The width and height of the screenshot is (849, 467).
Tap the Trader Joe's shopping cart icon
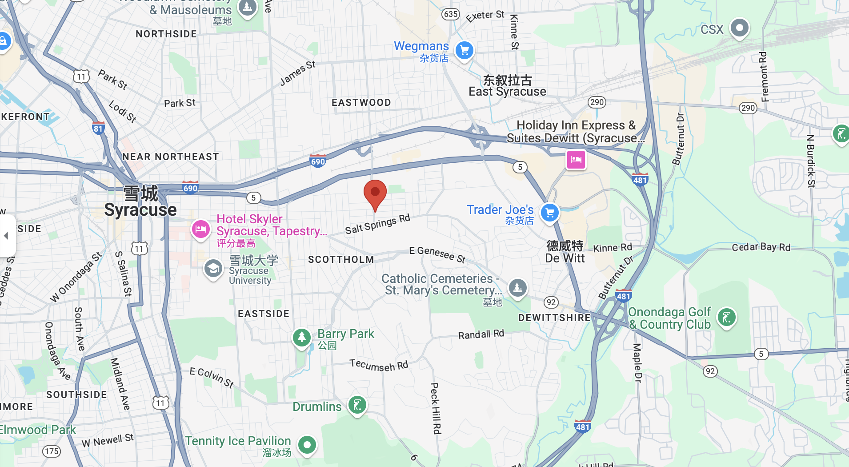549,213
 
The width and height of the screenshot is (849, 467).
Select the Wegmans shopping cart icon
465,50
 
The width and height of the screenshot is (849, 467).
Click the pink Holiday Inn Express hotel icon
576,159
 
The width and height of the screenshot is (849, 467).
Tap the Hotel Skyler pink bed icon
200,229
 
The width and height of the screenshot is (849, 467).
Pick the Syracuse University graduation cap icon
213,269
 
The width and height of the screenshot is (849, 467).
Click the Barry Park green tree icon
301,337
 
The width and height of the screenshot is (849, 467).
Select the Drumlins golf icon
357,405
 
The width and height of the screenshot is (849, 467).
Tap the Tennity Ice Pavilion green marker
307,444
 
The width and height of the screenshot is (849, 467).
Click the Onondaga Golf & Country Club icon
727,318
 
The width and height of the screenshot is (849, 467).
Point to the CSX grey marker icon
739,28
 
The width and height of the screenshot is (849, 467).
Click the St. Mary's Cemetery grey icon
517,288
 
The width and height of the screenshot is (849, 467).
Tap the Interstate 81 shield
98,128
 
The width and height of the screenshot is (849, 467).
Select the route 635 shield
450,14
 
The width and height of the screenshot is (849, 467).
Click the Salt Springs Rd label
377,224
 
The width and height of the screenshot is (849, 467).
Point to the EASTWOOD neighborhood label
361,103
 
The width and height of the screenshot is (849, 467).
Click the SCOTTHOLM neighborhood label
341,260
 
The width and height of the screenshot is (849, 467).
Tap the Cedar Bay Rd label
761,247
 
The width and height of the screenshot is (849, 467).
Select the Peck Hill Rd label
436,408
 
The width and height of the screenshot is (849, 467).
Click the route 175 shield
52,451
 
